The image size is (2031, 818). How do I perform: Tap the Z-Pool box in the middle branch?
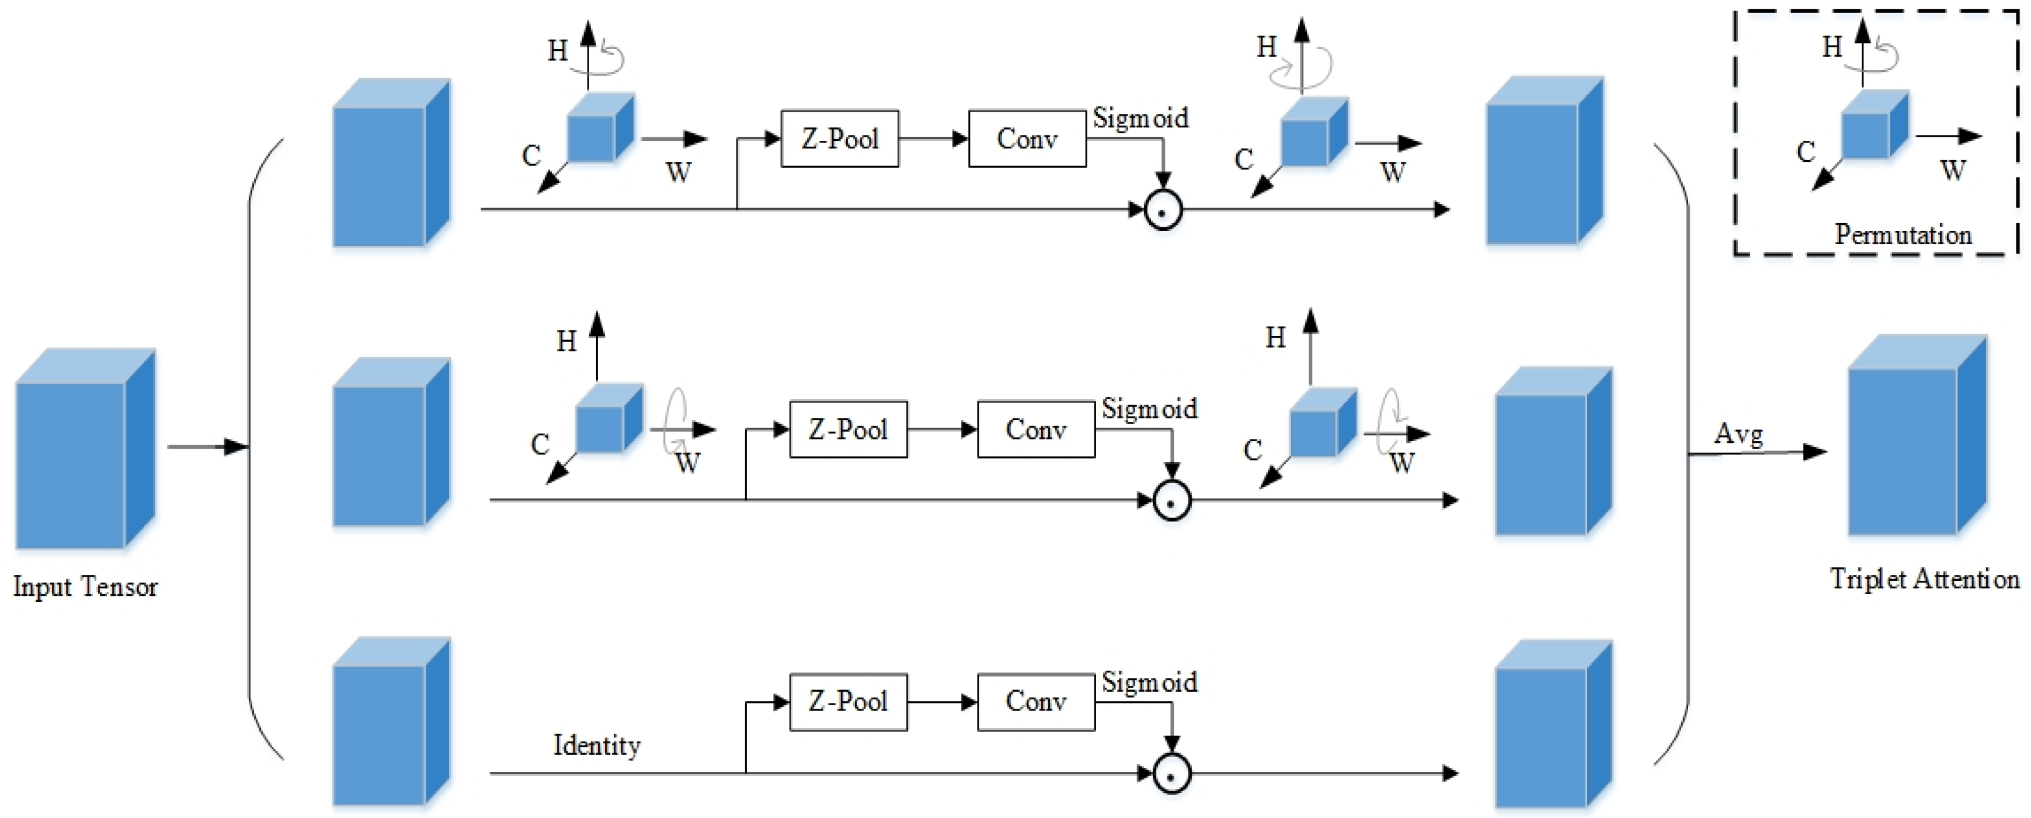[x=848, y=429]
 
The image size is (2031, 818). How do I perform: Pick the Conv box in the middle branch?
[x=1036, y=429]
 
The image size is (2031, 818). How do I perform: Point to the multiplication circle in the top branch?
[x=1163, y=210]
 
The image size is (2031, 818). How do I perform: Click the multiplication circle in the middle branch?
[x=1171, y=500]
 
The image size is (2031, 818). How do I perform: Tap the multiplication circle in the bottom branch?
[x=1171, y=774]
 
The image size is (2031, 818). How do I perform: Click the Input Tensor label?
[x=85, y=587]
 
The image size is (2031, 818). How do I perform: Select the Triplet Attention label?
[x=1925, y=579]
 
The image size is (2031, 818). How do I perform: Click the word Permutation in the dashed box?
[x=1903, y=234]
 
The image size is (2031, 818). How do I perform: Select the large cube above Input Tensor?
[x=85, y=448]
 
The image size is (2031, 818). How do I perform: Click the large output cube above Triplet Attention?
[x=1917, y=435]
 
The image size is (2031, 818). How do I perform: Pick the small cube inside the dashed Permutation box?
[x=1874, y=124]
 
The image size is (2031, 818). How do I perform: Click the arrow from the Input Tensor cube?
[x=208, y=447]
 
